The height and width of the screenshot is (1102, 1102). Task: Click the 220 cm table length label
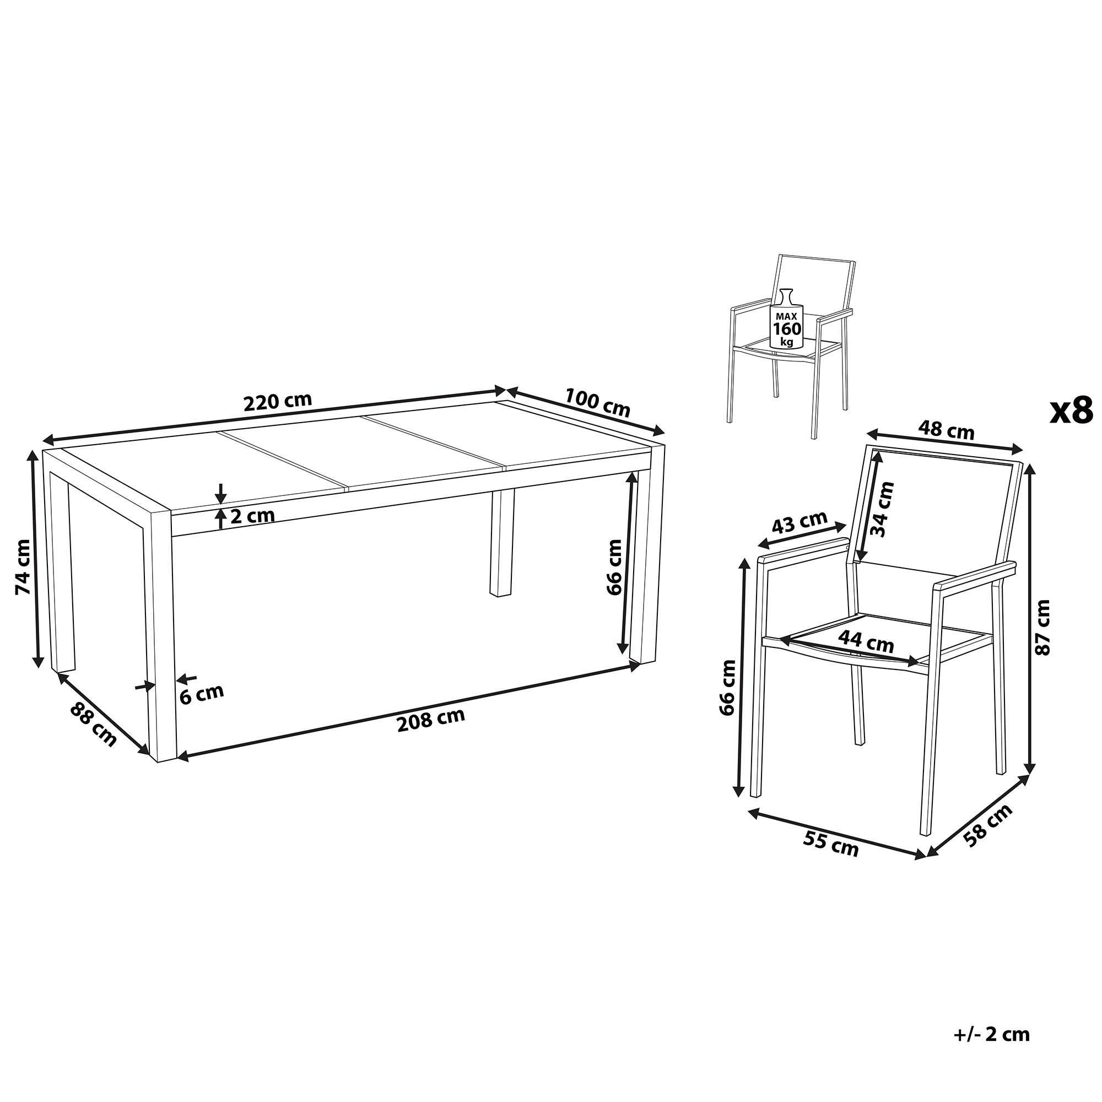pyautogui.click(x=278, y=401)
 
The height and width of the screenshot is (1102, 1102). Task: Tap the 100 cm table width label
pyautogui.click(x=598, y=402)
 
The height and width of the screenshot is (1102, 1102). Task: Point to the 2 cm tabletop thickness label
pyautogui.click(x=253, y=516)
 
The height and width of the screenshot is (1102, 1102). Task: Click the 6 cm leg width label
pyautogui.click(x=202, y=693)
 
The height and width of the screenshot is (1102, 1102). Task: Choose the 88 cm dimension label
pyautogui.click(x=93, y=725)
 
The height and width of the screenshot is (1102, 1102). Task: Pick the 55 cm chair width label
pyautogui.click(x=830, y=844)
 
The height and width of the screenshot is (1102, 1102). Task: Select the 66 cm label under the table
pyautogui.click(x=614, y=567)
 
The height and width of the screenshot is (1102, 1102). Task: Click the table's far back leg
pyautogui.click(x=502, y=542)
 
